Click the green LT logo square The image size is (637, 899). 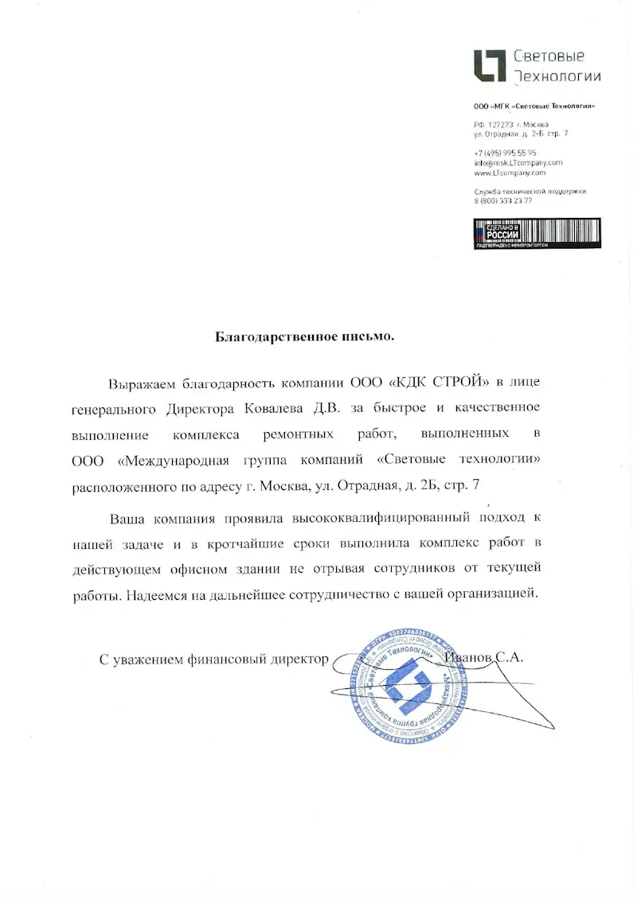(x=490, y=65)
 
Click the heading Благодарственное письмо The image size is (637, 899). (x=305, y=337)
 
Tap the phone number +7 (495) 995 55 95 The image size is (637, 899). (x=505, y=153)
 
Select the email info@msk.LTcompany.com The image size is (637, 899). (x=518, y=162)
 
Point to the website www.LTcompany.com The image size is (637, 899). (x=510, y=172)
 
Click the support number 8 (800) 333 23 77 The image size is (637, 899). (x=503, y=200)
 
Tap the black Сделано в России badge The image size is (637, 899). (x=537, y=233)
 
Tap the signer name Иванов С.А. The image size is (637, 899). (x=483, y=658)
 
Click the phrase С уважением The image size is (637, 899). (x=139, y=659)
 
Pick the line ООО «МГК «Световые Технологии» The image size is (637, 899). (x=534, y=107)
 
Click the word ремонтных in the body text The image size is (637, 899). (x=299, y=435)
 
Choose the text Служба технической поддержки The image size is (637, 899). (x=530, y=192)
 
